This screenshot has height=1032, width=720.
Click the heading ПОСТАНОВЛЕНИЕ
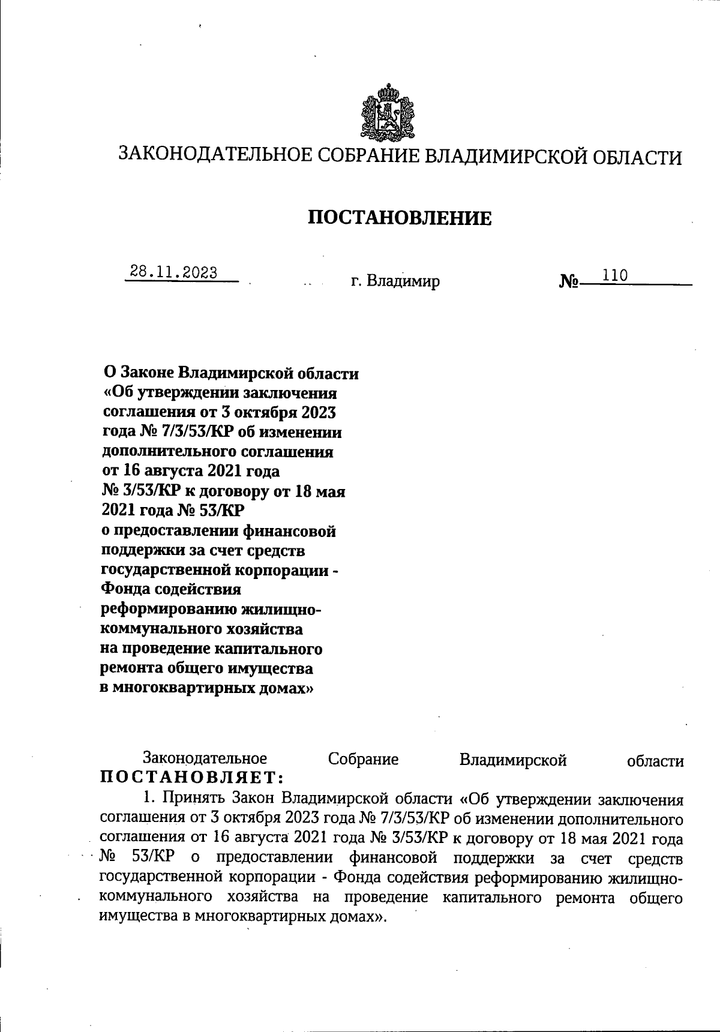[x=400, y=218]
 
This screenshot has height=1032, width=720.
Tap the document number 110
[x=616, y=275]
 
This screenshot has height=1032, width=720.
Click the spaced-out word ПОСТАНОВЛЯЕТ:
[x=191, y=778]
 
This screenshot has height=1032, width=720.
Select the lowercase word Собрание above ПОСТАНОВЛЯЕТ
[x=363, y=760]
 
